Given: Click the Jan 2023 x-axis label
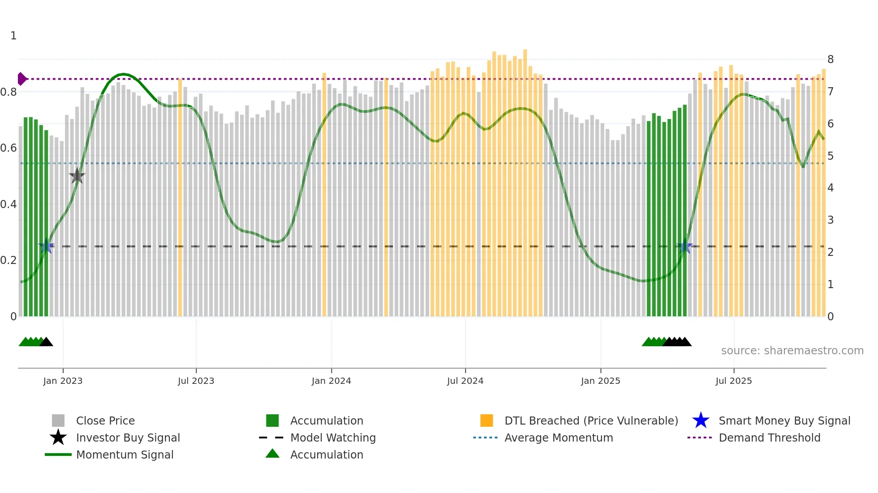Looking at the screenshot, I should pos(63,381).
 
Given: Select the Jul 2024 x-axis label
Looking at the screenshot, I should pos(465,381).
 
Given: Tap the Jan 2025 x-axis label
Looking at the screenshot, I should pos(600,381).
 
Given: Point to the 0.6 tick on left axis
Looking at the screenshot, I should pos(9,148).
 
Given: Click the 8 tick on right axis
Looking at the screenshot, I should pos(831,59).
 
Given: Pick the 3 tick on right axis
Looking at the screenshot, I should pos(831,220).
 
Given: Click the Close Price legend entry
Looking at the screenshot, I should pos(105,421).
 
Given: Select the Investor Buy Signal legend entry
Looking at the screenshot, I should pos(128,438).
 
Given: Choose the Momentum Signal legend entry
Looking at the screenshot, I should pos(125,455).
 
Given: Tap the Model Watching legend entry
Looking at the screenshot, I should pos(333,438).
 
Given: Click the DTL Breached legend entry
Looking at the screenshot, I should pos(591,421).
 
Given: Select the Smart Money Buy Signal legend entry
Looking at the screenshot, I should pos(784,421).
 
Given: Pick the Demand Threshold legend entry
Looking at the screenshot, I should pos(769,438).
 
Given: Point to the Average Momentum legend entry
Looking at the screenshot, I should pos(559,438).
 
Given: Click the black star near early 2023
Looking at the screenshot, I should pos(77,176).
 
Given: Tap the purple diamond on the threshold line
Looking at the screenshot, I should pos(22,79).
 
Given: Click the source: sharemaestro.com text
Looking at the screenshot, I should pos(792,350).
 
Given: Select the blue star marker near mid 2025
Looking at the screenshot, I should pos(684,246).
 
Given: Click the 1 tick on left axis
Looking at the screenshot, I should pos(13,36).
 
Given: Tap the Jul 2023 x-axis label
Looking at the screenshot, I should pos(196,381).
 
